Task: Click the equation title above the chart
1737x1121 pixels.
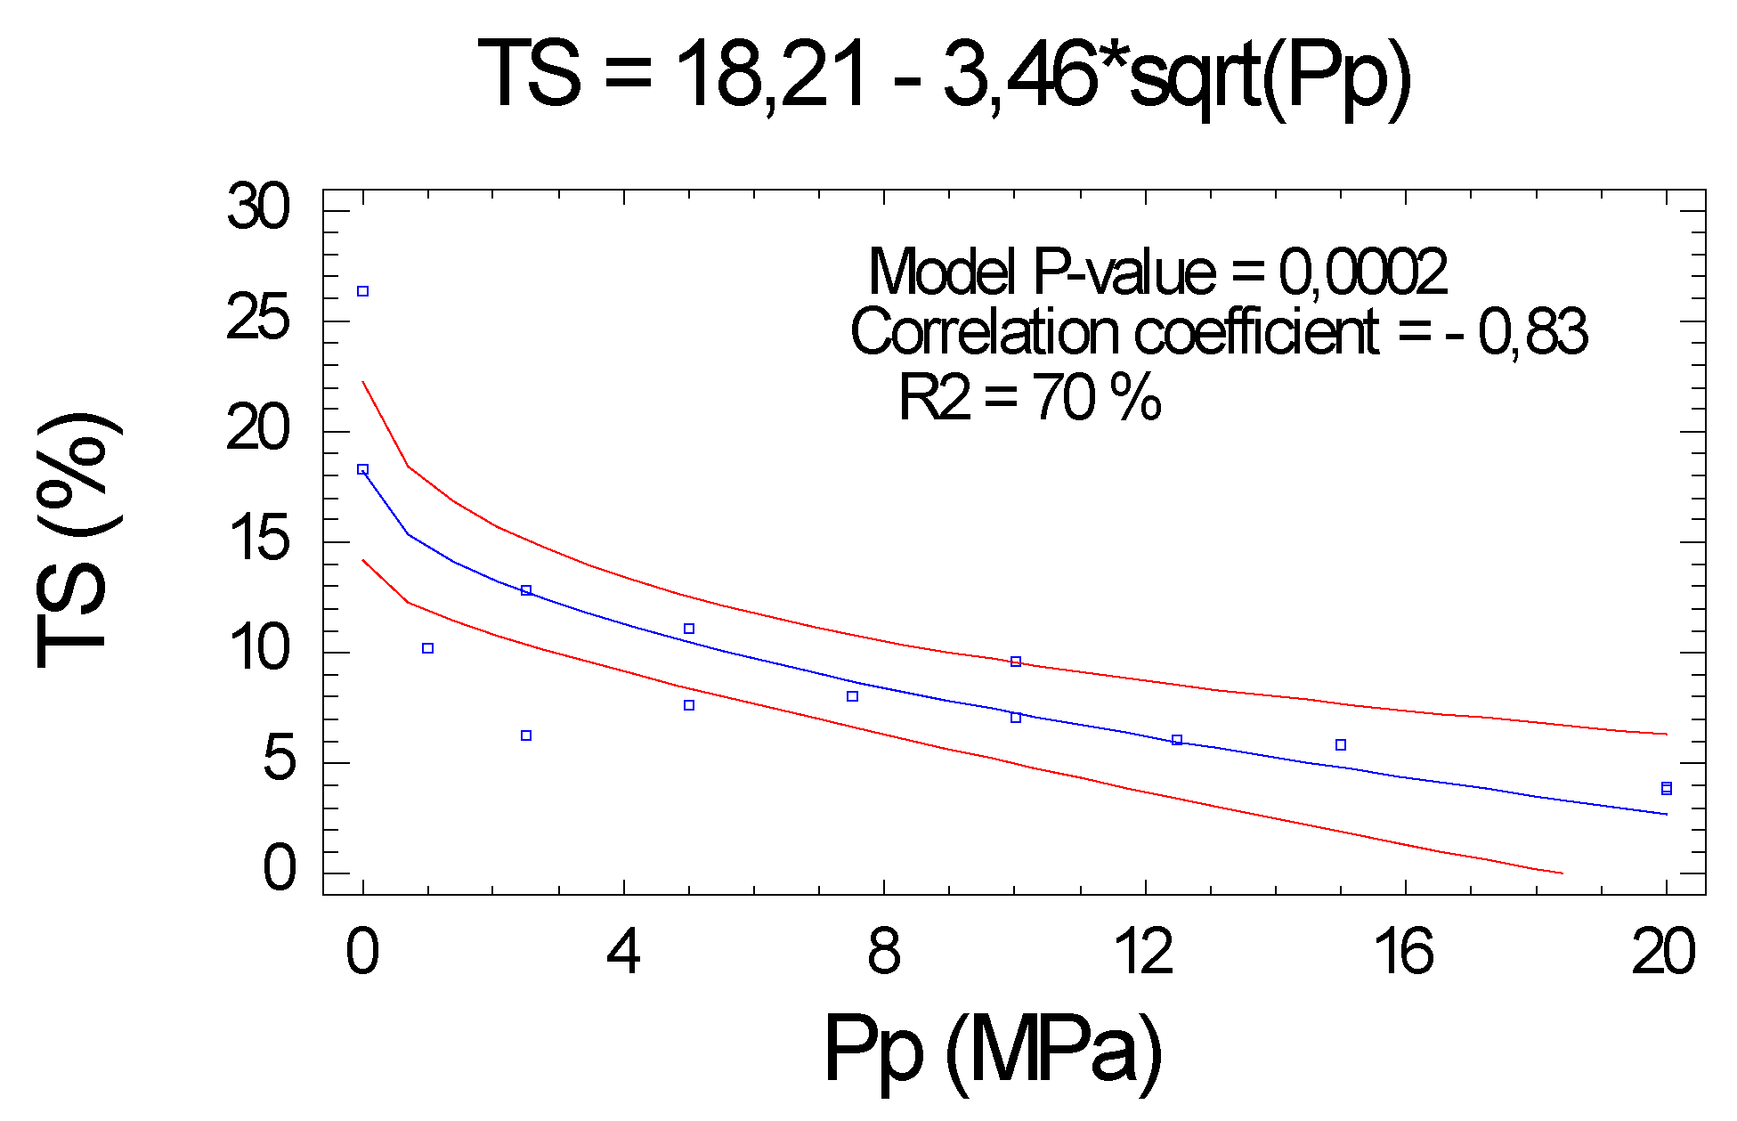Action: coord(944,73)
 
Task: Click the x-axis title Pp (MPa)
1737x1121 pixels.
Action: coord(993,1050)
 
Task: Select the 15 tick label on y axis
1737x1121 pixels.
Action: coord(258,540)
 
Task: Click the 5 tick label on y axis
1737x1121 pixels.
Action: coord(278,760)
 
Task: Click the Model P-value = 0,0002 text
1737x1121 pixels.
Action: coord(1157,272)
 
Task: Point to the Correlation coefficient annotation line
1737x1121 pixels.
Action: coord(1219,332)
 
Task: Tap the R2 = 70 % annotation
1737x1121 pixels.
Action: coord(1029,396)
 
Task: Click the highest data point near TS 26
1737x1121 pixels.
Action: coord(362,291)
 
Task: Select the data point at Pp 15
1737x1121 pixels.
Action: coord(1340,744)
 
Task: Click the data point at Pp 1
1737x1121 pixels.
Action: coord(427,648)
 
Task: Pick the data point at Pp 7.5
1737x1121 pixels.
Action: coord(852,696)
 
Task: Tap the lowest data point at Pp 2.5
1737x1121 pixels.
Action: coord(526,735)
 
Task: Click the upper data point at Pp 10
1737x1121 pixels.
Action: coord(1015,662)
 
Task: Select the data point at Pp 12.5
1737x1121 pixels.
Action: coord(1177,740)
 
